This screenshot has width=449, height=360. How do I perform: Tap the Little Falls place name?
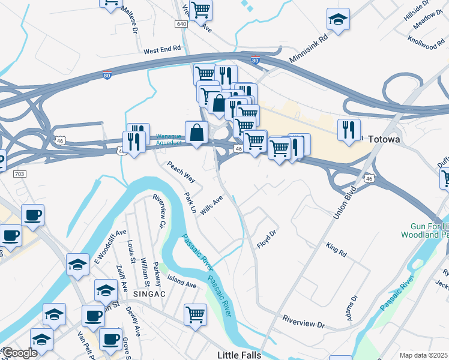click(x=239, y=355)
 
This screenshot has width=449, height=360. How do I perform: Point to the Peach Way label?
click(x=181, y=172)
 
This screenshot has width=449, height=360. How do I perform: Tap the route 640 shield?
click(x=182, y=24)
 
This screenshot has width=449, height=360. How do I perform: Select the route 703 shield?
click(x=19, y=173)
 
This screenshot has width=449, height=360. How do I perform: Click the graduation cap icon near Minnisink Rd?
click(x=339, y=20)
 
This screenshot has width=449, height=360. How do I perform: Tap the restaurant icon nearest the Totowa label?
click(x=349, y=130)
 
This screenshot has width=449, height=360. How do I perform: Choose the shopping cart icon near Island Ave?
click(x=196, y=314)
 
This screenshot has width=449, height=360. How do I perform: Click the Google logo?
click(x=20, y=353)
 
